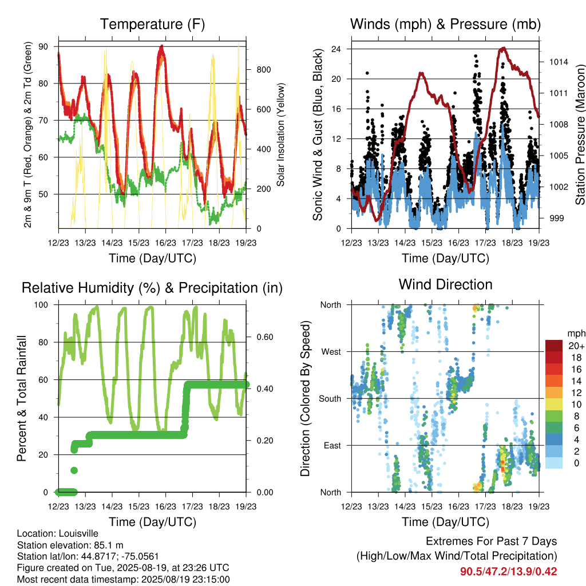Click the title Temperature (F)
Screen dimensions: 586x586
coord(152,24)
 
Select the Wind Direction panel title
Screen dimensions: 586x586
coord(445,285)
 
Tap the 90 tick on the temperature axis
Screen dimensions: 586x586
coord(43,47)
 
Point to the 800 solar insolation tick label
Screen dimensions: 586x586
coord(263,70)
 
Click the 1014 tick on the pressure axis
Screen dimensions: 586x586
coord(559,62)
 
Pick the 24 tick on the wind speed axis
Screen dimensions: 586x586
coord(336,49)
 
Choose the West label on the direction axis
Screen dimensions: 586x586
coord(331,352)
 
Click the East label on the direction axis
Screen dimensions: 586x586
coord(332,445)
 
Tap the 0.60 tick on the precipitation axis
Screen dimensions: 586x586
coord(265,337)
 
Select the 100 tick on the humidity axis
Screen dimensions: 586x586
coord(41,305)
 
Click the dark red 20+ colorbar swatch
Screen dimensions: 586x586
coord(554,346)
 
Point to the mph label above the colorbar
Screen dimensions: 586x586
coord(576,334)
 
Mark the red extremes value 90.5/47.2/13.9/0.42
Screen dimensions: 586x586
coord(508,572)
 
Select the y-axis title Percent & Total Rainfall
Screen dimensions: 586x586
coord(22,398)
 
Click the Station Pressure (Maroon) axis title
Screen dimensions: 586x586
coord(580,134)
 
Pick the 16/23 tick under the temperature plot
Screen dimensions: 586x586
coord(165,243)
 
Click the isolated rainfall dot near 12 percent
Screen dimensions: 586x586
coord(74,470)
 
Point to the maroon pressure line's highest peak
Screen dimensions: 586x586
coord(504,48)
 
